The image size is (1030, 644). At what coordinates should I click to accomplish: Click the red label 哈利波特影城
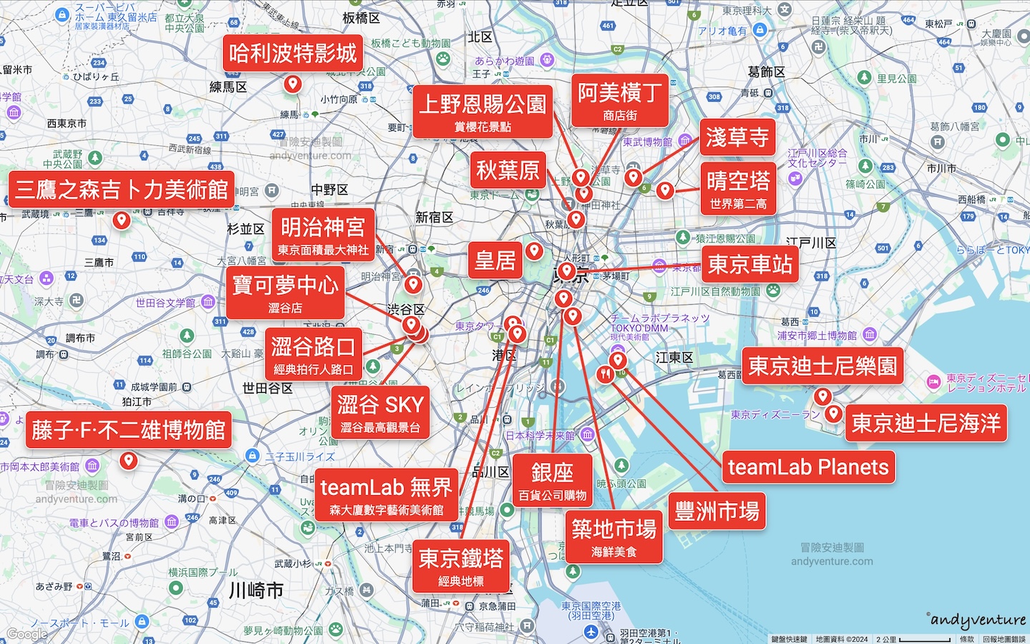pos(293,53)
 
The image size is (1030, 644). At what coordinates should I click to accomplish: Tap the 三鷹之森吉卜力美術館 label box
pos(122,190)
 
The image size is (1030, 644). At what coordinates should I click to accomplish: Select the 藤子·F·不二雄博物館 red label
pos(129,430)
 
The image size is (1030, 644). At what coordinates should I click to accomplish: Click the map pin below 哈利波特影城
pos(292,84)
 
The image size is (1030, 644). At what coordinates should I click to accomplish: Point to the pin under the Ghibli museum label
pos(122,219)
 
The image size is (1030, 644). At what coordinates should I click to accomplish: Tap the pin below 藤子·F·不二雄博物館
pos(129,460)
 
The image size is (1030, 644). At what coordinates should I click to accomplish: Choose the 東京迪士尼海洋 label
pos(926,423)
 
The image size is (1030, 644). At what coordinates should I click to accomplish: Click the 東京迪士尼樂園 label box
pos(822,366)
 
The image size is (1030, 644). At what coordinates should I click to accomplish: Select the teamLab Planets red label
pos(808,467)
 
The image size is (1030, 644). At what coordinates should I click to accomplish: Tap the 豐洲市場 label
pos(717,511)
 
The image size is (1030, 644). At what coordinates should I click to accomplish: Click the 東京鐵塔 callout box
pos(461,566)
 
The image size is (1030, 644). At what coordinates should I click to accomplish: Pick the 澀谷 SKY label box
pos(381,411)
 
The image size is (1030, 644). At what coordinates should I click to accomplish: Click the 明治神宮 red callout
pos(323,235)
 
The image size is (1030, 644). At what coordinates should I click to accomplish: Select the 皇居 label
pos(495,260)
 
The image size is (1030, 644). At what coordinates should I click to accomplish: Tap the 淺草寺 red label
pos(737,137)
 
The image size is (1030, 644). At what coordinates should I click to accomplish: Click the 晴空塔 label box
pos(738,187)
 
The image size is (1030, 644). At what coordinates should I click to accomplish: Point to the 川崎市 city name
pos(256,590)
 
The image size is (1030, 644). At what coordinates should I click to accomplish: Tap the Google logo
pos(27,634)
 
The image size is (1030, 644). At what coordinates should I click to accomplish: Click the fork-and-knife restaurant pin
pos(605,374)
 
